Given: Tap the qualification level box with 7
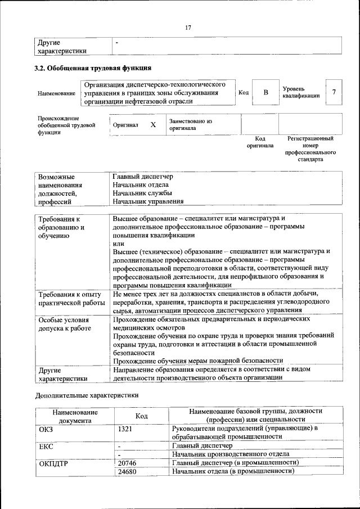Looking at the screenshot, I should (x=334, y=92).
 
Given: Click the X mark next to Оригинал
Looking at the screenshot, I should (x=152, y=125).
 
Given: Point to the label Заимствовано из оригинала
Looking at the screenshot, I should (x=190, y=124).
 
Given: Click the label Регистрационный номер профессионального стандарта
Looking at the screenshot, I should (x=310, y=148).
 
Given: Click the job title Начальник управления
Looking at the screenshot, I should (x=148, y=201).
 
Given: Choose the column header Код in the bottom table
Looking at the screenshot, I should (x=142, y=416).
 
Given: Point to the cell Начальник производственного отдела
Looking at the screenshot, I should (x=231, y=453).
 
